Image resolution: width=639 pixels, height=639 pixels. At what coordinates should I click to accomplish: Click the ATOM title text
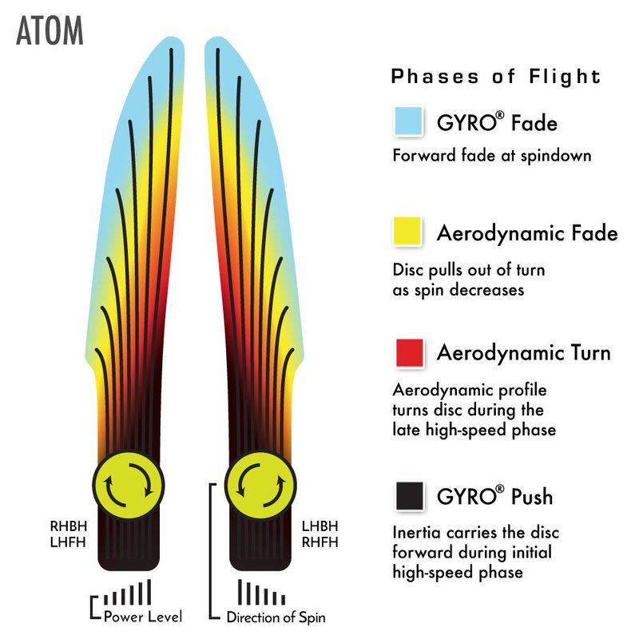coord(49,31)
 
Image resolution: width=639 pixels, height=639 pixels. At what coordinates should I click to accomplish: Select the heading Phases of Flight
coord(495,77)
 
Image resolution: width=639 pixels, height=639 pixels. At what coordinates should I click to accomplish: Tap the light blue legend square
coord(408,122)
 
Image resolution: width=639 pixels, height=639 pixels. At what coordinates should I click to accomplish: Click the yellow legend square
coord(408,232)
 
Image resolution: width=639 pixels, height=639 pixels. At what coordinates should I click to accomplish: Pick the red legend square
coord(408,351)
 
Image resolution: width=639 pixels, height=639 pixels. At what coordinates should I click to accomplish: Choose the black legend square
coord(408,496)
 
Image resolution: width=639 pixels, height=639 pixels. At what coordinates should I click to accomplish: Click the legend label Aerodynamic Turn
coord(523,352)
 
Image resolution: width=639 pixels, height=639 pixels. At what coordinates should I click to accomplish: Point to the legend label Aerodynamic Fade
coord(527,233)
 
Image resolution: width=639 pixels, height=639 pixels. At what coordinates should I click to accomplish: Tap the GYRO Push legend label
coord(494,497)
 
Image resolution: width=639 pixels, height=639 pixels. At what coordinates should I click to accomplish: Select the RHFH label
coord(319,542)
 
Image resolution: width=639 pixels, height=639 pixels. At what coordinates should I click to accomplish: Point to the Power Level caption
coord(143,617)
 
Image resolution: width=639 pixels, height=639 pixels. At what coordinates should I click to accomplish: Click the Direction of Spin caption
coord(276,617)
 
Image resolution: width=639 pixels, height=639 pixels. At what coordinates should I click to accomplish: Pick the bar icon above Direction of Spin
coord(262,593)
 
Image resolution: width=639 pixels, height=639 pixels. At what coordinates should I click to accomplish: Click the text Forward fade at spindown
coord(492,155)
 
